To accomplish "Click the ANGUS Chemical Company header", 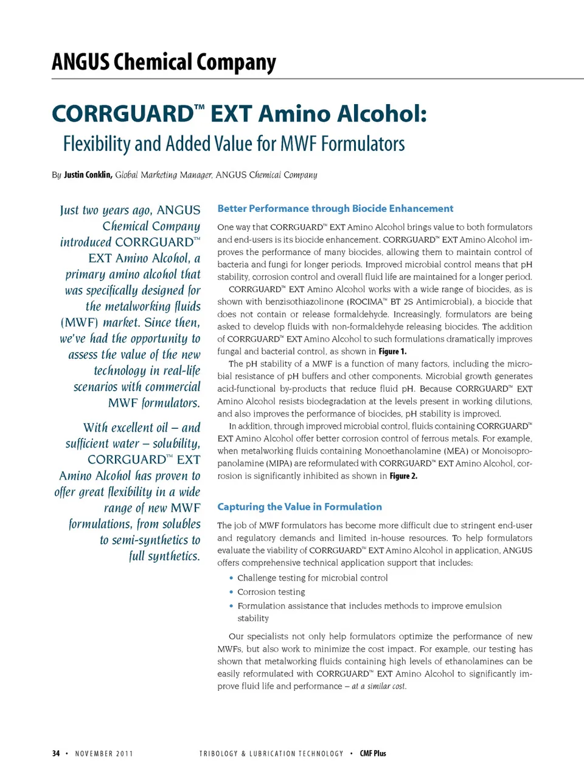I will [164, 62].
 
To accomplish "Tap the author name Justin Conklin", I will [88, 175].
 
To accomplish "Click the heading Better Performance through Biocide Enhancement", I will [335, 208].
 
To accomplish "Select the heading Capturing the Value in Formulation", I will [299, 507].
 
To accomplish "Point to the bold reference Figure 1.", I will [392, 351].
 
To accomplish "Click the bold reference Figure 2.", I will [403, 476].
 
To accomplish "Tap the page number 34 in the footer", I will [56, 753].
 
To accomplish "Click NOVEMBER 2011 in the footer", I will [104, 753].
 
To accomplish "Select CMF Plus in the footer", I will [373, 753].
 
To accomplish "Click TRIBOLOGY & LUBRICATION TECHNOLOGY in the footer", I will [271, 753].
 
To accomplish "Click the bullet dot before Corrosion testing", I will [231, 592].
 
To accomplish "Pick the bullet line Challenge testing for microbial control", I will [312, 578].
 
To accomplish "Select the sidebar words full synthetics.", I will [164, 556].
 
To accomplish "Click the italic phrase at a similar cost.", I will [378, 686].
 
